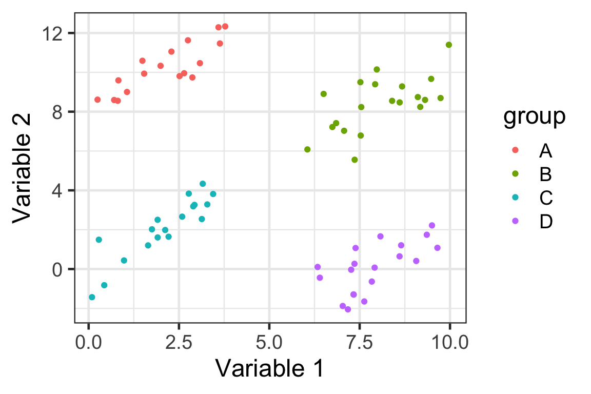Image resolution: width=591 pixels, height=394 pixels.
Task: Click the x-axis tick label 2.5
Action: tap(179, 342)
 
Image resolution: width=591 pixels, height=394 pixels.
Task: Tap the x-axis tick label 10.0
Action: tap(450, 342)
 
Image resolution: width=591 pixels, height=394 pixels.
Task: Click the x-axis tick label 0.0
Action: tap(89, 342)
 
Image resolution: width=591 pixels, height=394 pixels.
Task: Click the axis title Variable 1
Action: tap(269, 368)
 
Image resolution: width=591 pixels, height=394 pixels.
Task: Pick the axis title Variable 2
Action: tap(23, 167)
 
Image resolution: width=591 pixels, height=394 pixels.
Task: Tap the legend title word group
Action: tap(534, 117)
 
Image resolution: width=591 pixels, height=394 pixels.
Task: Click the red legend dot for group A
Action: tap(516, 150)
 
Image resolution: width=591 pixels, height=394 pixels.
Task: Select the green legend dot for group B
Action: tap(516, 174)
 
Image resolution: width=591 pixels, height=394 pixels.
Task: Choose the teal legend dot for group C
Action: tap(516, 198)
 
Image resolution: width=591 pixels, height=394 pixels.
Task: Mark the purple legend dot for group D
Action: tap(516, 221)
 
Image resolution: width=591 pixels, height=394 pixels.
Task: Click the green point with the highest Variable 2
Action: tap(449, 45)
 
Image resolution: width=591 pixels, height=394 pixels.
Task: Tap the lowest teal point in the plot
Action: tap(92, 297)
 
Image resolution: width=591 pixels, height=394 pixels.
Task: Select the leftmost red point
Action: tap(97, 100)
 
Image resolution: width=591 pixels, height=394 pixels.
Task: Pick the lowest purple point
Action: tap(348, 309)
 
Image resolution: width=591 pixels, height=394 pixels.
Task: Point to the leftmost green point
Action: tap(307, 149)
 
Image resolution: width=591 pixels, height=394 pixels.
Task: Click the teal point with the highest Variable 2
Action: tap(203, 184)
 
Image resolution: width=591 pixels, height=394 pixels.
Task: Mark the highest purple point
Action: tap(432, 225)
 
